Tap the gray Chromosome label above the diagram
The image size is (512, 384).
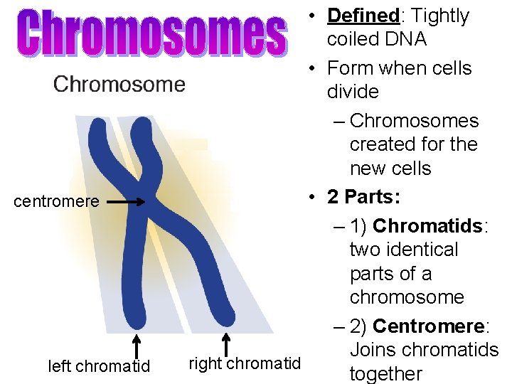pos(119,85)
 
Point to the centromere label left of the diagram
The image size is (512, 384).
pos(57,201)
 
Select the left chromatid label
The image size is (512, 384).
pos(99,366)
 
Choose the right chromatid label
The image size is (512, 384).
pos(245,364)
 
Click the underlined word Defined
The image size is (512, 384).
pos(363,16)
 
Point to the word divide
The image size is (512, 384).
pos(353,92)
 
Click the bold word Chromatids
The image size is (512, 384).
pos(427,225)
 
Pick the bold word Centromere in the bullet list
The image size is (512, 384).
pos(428,326)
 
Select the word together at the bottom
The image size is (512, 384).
pos(385,373)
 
